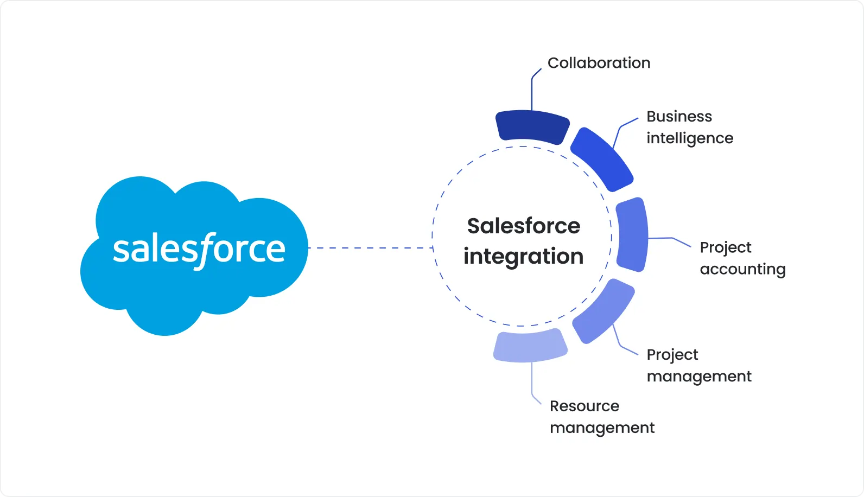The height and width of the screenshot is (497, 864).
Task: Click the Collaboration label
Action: (x=599, y=63)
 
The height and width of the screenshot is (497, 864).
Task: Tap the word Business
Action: (x=679, y=117)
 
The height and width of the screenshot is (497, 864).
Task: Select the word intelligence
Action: (x=689, y=138)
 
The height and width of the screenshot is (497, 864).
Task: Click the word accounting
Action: (x=742, y=269)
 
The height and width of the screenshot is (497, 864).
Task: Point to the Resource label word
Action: (x=584, y=406)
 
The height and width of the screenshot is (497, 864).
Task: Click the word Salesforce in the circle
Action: (x=524, y=226)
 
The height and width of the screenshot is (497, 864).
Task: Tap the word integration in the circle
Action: (x=524, y=256)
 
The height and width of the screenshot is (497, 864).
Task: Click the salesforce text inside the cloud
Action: (x=199, y=250)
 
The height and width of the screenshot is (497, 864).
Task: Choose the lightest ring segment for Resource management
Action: (x=530, y=346)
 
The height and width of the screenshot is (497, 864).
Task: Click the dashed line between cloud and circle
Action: (x=369, y=248)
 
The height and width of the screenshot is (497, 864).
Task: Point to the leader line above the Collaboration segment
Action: (x=532, y=92)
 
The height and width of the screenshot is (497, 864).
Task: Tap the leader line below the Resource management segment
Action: (x=532, y=383)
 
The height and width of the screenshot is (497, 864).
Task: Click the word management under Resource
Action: (x=602, y=428)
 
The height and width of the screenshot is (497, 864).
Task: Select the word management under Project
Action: (x=699, y=377)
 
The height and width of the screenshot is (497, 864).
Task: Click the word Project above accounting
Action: (x=725, y=247)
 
